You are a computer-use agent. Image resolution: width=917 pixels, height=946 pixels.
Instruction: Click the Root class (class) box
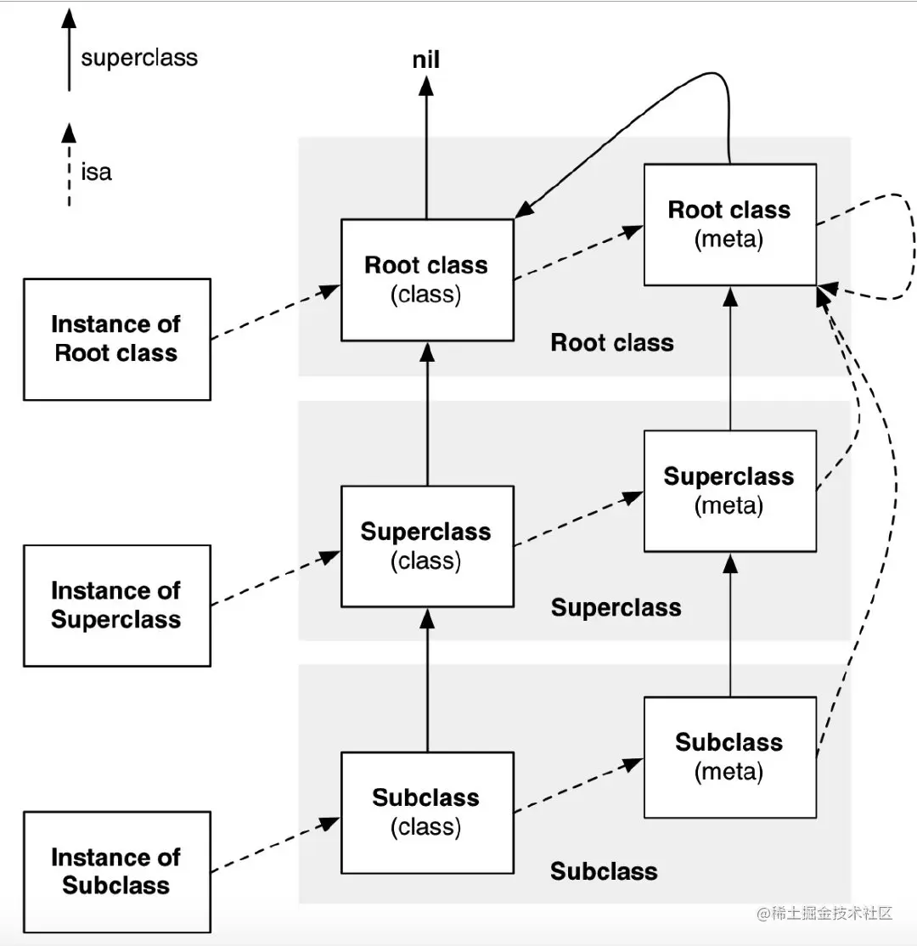tap(426, 280)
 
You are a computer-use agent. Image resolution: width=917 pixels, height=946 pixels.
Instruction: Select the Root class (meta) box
tap(729, 225)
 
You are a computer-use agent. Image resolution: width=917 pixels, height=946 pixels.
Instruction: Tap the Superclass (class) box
tap(426, 546)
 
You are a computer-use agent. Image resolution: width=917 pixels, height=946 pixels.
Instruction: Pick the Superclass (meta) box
tap(729, 491)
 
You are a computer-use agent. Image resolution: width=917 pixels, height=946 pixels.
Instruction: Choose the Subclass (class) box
tap(426, 812)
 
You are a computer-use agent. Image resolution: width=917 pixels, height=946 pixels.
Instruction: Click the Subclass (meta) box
tap(729, 757)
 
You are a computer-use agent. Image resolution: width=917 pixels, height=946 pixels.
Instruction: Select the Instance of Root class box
tap(116, 339)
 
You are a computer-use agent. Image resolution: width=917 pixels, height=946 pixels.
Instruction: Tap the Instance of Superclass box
tap(116, 605)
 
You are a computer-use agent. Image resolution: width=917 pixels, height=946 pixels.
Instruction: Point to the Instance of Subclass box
tap(116, 871)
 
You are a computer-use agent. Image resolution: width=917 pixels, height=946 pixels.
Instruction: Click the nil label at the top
tap(426, 60)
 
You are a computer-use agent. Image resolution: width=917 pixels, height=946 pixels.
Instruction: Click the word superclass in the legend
tap(139, 59)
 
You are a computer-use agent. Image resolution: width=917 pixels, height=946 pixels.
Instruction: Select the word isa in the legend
tap(97, 172)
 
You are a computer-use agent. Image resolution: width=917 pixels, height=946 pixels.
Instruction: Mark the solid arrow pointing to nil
tap(426, 144)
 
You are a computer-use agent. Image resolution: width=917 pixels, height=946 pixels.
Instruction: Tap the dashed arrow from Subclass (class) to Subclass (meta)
tap(577, 781)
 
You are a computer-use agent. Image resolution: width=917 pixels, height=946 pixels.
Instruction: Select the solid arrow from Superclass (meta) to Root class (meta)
tap(729, 357)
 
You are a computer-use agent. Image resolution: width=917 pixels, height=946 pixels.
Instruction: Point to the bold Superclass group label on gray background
tap(616, 608)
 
